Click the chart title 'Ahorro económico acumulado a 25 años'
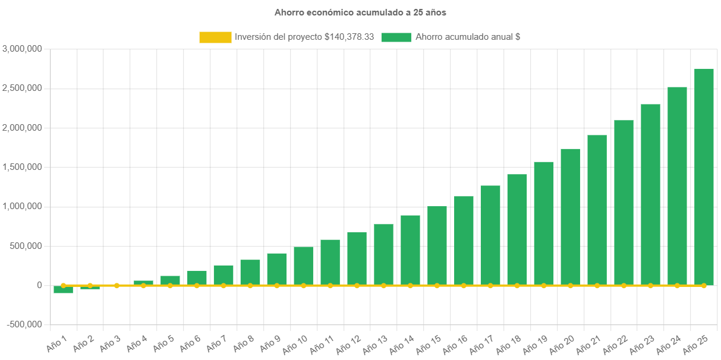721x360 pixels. pyautogui.click(x=360, y=12)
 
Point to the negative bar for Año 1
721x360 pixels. pyautogui.click(x=63, y=289)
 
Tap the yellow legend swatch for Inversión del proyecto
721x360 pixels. pyautogui.click(x=215, y=37)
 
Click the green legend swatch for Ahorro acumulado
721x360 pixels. pyautogui.click(x=396, y=37)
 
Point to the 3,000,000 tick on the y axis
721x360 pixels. pyautogui.click(x=22, y=49)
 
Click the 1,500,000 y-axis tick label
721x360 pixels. pyautogui.click(x=22, y=167)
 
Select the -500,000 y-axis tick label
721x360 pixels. pyautogui.click(x=24, y=324)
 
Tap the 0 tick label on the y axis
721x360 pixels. pyautogui.click(x=39, y=285)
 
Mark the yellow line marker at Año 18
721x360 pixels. pyautogui.click(x=517, y=286)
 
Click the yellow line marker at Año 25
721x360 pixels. pyautogui.click(x=704, y=286)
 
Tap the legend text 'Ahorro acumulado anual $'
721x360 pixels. pyautogui.click(x=468, y=37)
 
